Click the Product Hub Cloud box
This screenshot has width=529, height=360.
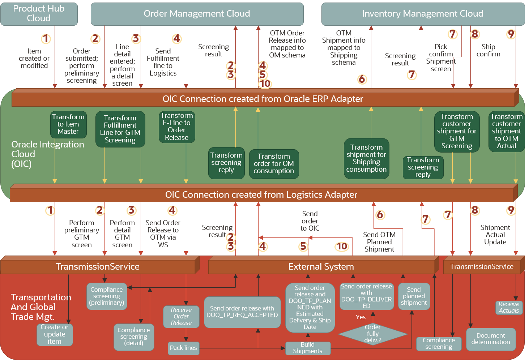(39, 14)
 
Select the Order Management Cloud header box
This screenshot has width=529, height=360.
(197, 14)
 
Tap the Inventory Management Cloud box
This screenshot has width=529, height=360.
(423, 14)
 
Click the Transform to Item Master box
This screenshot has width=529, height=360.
(68, 124)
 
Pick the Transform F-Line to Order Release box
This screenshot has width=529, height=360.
(177, 127)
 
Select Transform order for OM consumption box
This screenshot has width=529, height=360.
(274, 164)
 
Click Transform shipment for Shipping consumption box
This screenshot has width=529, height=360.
(366, 158)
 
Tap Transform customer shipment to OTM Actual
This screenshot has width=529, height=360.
(506, 131)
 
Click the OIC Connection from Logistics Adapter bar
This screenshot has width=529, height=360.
(261, 195)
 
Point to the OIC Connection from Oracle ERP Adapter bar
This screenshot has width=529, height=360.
(263, 99)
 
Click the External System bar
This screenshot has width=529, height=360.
(321, 267)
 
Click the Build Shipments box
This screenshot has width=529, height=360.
(307, 348)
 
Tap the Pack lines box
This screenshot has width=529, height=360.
(183, 348)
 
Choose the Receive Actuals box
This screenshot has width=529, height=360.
(509, 308)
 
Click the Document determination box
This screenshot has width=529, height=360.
(491, 339)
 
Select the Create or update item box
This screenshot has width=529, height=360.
(55, 334)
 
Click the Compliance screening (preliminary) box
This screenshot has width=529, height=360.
(107, 296)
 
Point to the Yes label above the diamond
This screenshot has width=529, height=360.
(361, 317)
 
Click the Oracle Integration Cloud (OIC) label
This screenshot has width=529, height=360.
(47, 154)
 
